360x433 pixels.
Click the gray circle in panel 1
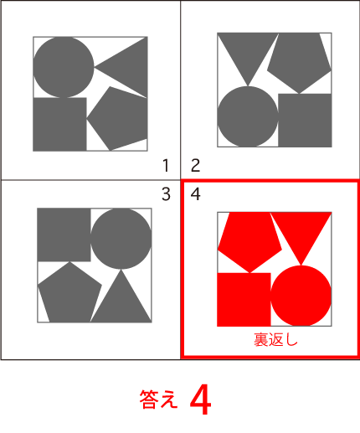pos(64,67)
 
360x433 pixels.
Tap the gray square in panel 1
pos(59,124)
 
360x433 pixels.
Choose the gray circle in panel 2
pos(248,116)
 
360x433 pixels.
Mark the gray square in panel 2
pos(305,121)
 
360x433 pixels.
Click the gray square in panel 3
pos(64,235)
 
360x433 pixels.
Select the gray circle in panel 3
pos(121,239)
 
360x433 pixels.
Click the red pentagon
pos(249,241)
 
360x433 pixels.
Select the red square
pos(244,300)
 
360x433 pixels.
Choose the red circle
pos(301,296)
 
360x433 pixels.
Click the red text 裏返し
pos(275,340)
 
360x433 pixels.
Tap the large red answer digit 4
pos(200,399)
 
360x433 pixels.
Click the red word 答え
pos(158,399)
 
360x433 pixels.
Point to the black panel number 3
pos(166,194)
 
